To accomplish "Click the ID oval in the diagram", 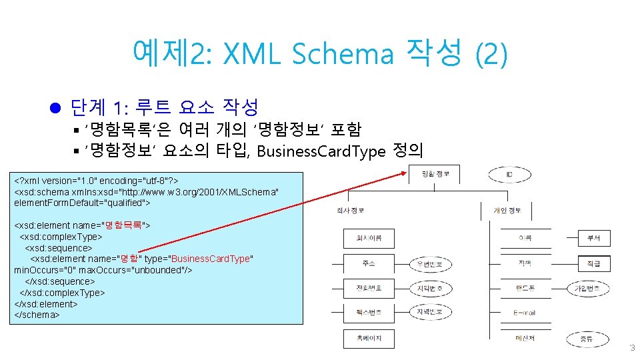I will click(x=509, y=175).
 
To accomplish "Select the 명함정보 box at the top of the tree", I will click(x=437, y=175).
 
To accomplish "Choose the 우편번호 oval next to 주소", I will click(x=430, y=264).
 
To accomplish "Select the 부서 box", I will click(x=593, y=238).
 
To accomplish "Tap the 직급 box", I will click(x=593, y=264).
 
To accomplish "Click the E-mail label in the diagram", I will click(x=524, y=313).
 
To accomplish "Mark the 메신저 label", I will click(x=525, y=338).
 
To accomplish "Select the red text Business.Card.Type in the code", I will click(x=212, y=259).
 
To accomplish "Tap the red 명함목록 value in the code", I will click(x=123, y=225).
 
